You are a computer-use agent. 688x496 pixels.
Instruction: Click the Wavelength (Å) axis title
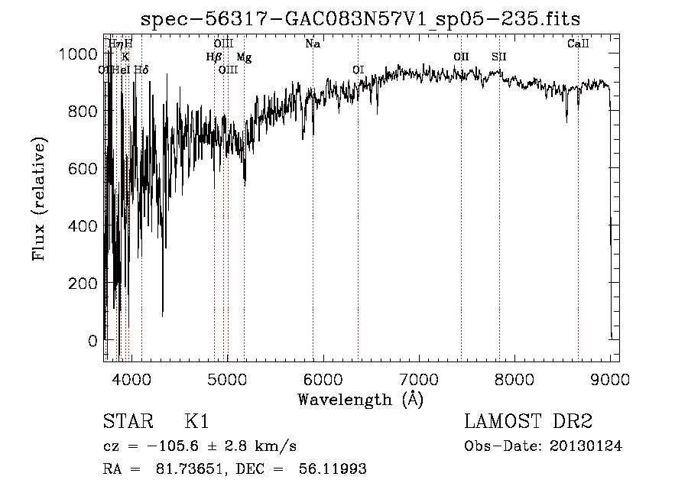tap(360, 399)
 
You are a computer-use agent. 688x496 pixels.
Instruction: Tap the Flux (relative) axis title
tap(40, 199)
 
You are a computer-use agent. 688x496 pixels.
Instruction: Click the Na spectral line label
tap(312, 44)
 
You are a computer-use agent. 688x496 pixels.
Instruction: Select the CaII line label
tap(578, 44)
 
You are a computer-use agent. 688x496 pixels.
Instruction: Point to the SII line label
tap(499, 57)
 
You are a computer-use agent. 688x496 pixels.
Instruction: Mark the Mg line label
tap(243, 57)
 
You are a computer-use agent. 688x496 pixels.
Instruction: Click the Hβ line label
tap(214, 57)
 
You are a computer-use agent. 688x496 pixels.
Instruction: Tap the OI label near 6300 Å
tap(358, 70)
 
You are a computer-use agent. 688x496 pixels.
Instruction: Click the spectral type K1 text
tap(196, 423)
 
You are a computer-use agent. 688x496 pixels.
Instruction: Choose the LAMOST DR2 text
tap(528, 423)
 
